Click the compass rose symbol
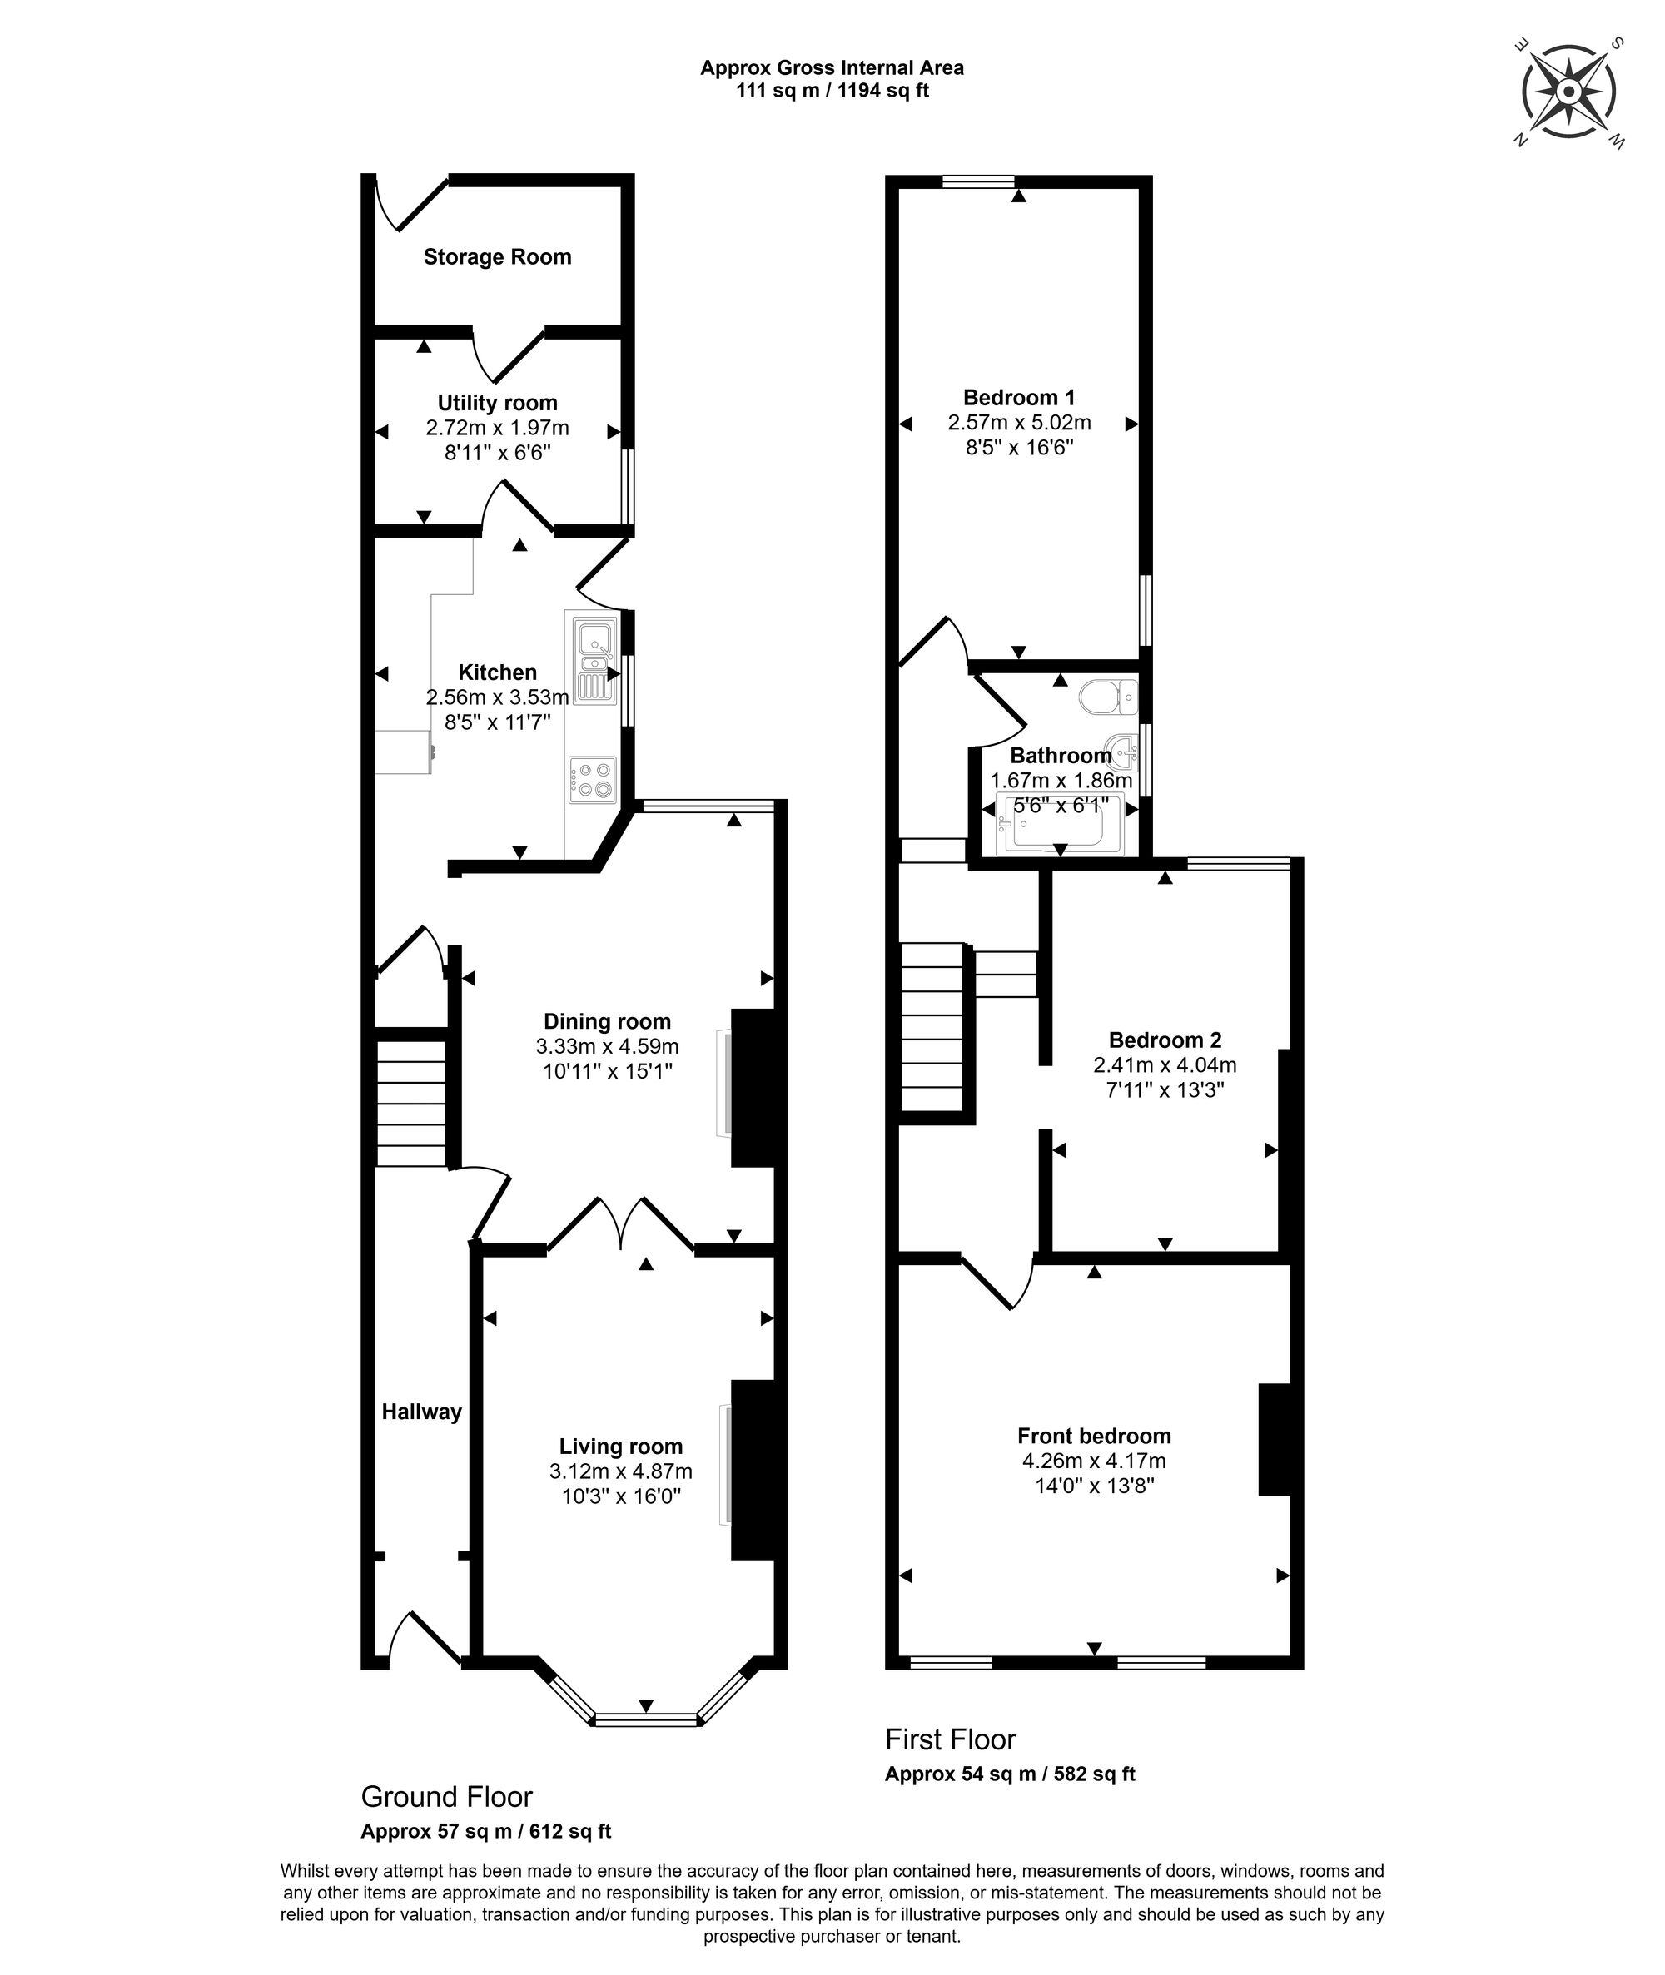coord(1568,92)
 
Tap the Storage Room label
coord(498,256)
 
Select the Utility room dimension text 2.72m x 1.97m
coord(498,428)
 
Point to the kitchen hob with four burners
coord(592,781)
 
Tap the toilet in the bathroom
coord(1108,698)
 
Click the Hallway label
coord(422,1412)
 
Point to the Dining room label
coord(607,1021)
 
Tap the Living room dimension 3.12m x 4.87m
coord(621,1471)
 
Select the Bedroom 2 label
coord(1165,1040)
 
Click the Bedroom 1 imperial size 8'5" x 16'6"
coord(1019,447)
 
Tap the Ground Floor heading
coord(446,1796)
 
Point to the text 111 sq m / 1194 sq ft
coord(832,92)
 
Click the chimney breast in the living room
coord(758,1471)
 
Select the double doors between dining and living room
coord(621,1224)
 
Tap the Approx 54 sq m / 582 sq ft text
coord(1010,1774)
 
